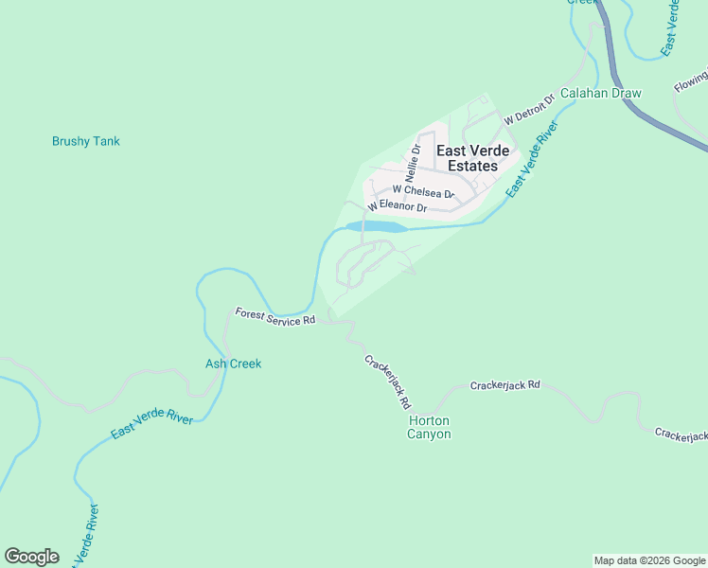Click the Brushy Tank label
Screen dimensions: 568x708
click(86, 141)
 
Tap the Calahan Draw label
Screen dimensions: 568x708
click(600, 93)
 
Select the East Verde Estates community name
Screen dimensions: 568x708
click(471, 158)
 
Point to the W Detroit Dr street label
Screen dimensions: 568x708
click(528, 110)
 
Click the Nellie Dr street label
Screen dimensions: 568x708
click(413, 164)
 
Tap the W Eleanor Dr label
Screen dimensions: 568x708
click(397, 205)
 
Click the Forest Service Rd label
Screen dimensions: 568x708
click(274, 316)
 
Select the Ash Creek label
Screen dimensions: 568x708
click(233, 364)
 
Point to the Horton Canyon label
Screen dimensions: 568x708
click(429, 427)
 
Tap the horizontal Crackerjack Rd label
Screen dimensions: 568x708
click(504, 385)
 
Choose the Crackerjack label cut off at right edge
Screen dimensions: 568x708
click(681, 435)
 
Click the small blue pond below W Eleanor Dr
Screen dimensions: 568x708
click(377, 227)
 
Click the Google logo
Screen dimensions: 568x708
click(31, 557)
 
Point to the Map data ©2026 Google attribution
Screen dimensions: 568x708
click(649, 560)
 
